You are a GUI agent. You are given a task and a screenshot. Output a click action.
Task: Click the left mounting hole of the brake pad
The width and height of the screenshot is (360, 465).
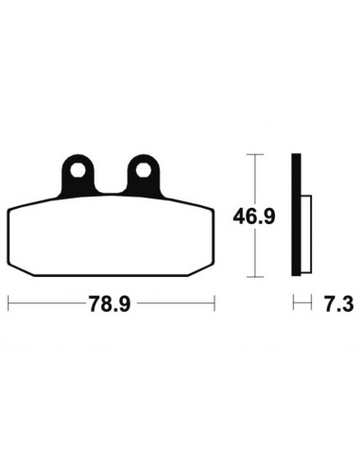[76, 171]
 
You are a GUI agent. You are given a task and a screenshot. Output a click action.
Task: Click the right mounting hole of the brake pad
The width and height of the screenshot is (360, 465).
[145, 171]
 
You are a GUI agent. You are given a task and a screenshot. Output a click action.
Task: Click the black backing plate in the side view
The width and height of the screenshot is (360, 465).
[298, 215]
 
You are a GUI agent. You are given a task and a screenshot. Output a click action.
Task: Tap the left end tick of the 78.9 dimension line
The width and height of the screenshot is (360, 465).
[9, 304]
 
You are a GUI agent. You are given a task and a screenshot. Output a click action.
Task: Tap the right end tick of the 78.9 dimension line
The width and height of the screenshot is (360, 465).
[215, 304]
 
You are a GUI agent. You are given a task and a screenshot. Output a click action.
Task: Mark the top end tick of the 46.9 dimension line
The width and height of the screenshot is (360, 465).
[252, 154]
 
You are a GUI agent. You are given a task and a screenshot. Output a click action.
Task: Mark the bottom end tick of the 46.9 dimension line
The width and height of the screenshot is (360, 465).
[252, 278]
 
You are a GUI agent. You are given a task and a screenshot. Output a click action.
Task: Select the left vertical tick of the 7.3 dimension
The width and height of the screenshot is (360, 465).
[294, 304]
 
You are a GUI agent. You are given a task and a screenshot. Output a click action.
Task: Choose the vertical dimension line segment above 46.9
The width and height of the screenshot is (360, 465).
[252, 180]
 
